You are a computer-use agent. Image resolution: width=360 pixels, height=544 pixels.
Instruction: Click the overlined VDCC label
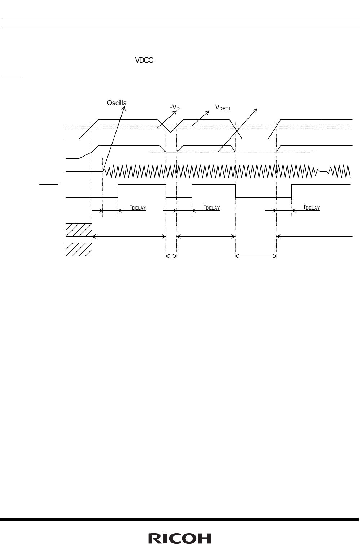(x=144, y=60)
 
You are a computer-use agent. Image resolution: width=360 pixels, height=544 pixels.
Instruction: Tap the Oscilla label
(x=117, y=103)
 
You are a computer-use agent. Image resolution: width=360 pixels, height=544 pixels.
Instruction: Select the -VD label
(x=175, y=108)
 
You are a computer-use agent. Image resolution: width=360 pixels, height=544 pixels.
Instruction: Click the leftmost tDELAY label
(x=138, y=207)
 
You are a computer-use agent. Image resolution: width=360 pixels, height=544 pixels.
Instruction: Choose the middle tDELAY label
(x=212, y=207)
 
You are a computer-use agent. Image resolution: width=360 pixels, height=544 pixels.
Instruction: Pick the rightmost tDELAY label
(x=312, y=207)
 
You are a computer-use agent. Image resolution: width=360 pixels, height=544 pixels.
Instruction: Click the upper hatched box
(x=79, y=230)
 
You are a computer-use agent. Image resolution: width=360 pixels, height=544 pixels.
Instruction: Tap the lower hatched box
(x=79, y=250)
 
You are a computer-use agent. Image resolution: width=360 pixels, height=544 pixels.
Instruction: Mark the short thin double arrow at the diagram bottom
(x=171, y=256)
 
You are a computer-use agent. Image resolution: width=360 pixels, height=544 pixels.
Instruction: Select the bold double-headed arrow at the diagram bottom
(x=256, y=256)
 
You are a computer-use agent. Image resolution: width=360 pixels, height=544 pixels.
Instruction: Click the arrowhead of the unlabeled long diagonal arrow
(x=256, y=108)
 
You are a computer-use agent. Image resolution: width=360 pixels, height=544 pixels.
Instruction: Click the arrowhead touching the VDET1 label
(x=208, y=111)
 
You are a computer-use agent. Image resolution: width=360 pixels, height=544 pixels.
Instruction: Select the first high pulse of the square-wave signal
(x=142, y=185)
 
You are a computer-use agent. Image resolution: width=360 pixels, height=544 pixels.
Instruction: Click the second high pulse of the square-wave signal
(x=213, y=185)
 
